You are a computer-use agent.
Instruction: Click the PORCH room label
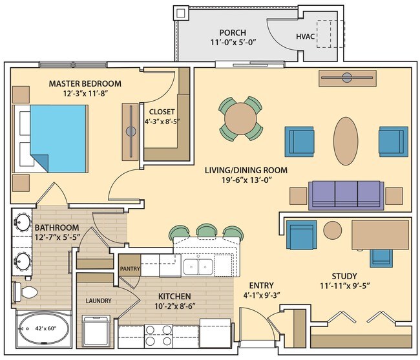point(233,33)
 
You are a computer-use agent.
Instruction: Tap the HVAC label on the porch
point(305,36)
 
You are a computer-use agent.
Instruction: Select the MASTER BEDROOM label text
point(85,83)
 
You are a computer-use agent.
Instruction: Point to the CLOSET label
point(162,110)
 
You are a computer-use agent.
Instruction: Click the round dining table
point(242,119)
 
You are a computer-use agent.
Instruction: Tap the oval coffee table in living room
point(347,142)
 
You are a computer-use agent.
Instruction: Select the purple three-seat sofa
point(344,193)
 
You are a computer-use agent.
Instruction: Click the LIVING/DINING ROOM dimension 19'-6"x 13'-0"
point(246,182)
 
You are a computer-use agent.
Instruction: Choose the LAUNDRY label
point(98,301)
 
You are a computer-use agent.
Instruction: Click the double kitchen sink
point(198,266)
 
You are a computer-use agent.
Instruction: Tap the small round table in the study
point(333,229)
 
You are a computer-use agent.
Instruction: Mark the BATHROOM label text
point(57,228)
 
